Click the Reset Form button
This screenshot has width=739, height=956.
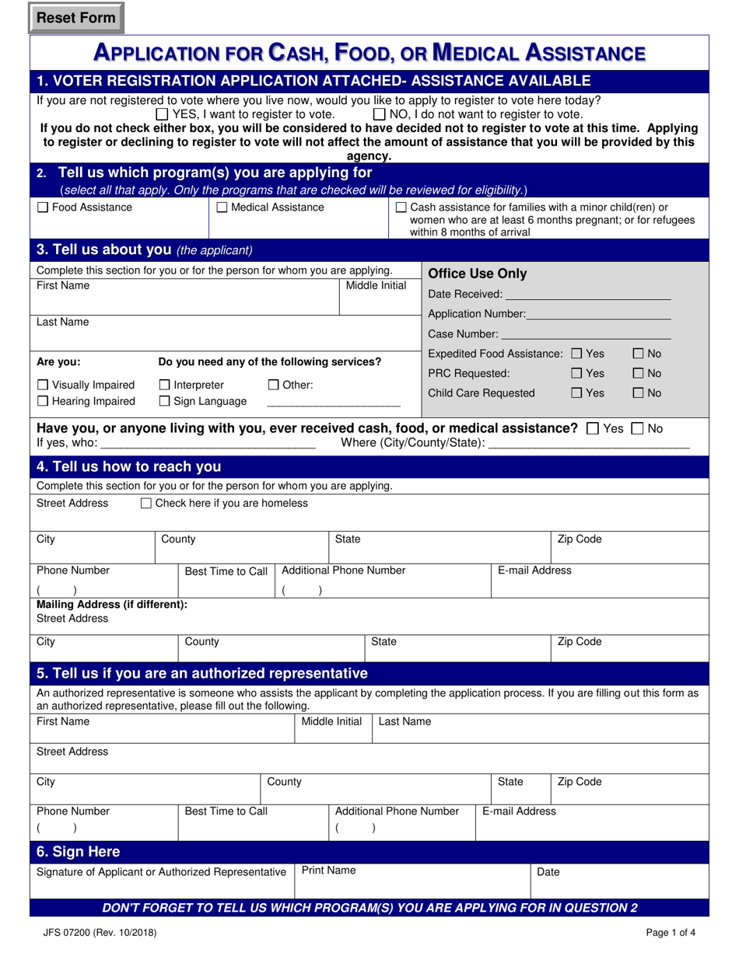click(x=76, y=18)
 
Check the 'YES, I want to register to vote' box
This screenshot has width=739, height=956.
click(x=162, y=114)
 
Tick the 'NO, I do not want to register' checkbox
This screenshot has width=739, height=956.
click(x=379, y=114)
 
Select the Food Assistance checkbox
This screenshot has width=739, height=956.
click(x=43, y=208)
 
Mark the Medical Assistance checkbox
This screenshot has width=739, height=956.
click(x=221, y=208)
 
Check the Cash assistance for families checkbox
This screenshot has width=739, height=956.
click(x=401, y=208)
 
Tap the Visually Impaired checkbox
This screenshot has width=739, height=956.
click(x=43, y=385)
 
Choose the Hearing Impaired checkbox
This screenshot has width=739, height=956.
click(x=43, y=401)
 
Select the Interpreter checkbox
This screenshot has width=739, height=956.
click(x=164, y=385)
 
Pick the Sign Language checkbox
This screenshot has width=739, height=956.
click(x=164, y=401)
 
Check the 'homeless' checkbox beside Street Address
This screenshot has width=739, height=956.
click(x=146, y=504)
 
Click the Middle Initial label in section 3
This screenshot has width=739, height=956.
click(x=376, y=285)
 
